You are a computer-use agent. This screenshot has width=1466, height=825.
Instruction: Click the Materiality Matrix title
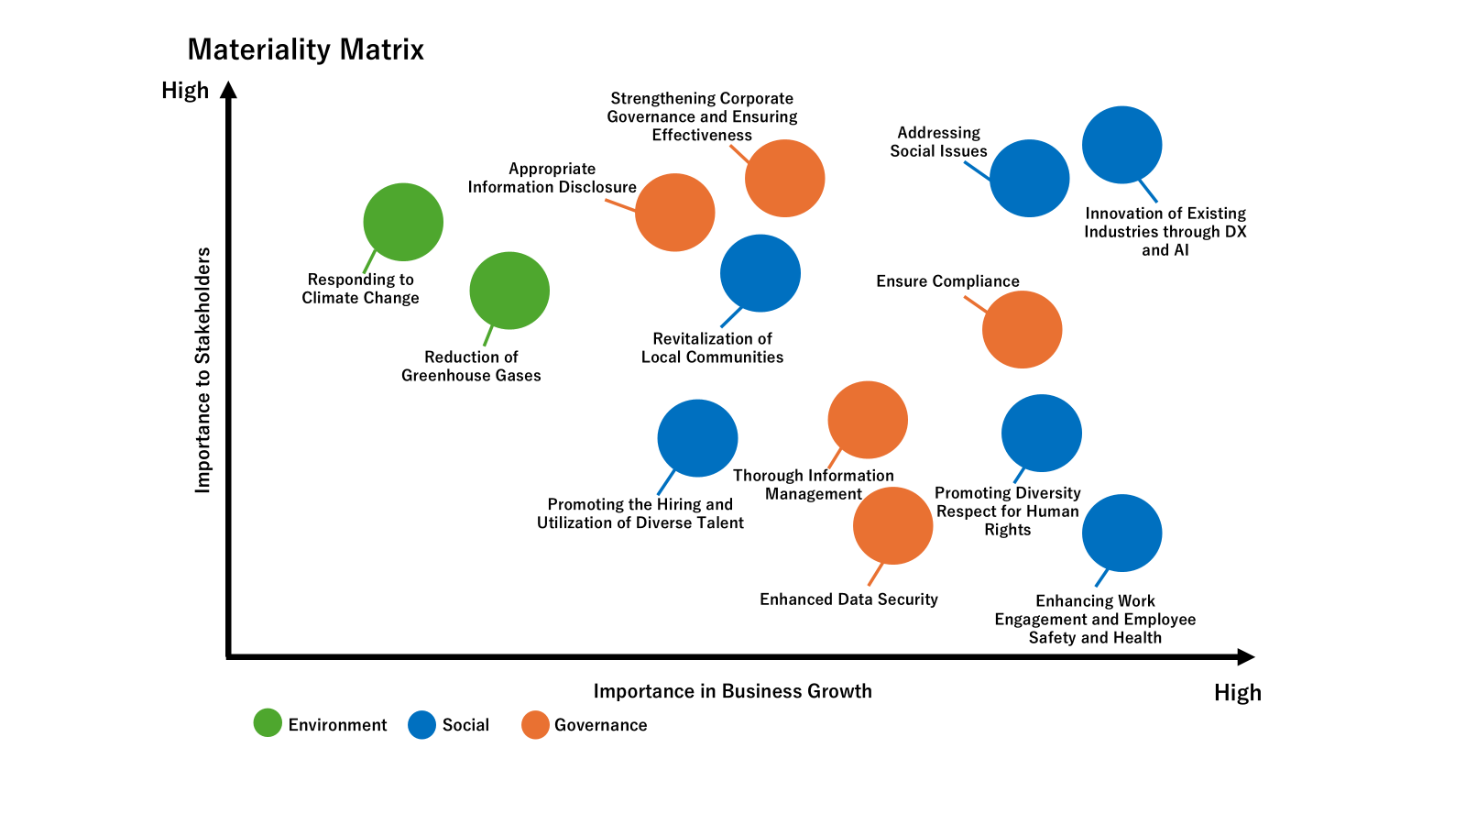coord(305,49)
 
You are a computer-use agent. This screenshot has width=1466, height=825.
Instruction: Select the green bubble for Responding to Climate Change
coord(403,222)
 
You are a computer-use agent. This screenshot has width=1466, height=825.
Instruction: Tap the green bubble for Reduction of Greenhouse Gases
coord(509,291)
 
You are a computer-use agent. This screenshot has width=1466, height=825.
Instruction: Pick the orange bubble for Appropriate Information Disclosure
coord(674,213)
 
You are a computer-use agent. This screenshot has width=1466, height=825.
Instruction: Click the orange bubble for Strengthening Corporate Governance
coord(784,178)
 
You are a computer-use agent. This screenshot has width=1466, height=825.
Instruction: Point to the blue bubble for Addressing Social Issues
coord(1029,178)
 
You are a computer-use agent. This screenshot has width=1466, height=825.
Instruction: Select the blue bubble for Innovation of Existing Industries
coord(1121,145)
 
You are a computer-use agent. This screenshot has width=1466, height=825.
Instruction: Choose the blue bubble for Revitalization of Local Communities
coord(760,273)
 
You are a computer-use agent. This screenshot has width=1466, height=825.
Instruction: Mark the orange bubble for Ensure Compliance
coord(1022,329)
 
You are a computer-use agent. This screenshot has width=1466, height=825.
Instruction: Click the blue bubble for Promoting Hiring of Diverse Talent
coord(697,438)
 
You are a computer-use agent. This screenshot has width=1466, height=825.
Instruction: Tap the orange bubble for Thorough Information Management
coord(867,420)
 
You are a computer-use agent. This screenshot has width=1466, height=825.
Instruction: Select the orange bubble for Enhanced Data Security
coord(892,525)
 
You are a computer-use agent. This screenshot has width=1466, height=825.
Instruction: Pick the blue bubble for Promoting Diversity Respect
coord(1041,433)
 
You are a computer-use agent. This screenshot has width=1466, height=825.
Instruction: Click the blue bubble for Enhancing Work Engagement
coord(1121,533)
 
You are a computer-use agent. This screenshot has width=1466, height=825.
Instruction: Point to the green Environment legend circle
coord(268,723)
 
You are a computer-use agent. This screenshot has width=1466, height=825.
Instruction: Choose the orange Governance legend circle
coord(535,724)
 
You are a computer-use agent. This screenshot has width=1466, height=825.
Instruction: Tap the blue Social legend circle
coord(421,724)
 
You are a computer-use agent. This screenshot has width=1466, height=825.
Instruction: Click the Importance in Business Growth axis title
coord(732,691)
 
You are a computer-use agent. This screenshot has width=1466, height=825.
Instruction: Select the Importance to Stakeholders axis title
coord(202,370)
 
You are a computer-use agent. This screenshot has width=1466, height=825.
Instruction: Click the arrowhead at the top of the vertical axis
coord(229,90)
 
